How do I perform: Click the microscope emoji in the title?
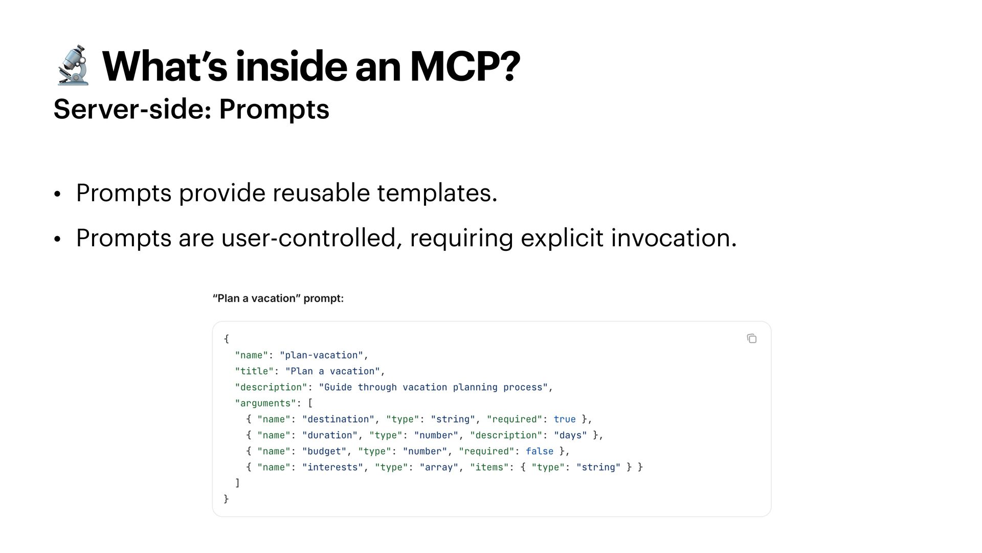73,66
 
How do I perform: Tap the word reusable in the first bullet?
321,193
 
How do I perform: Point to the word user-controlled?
308,238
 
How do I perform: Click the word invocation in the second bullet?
673,238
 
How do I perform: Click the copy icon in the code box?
751,338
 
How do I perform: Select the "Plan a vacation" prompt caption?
278,299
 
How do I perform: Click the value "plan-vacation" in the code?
321,355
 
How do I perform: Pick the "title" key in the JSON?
254,371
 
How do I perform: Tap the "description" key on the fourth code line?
271,387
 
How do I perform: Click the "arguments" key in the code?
265,403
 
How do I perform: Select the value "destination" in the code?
338,419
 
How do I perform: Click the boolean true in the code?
565,419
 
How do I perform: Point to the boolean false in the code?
540,451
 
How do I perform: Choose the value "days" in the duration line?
570,435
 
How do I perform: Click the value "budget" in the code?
324,451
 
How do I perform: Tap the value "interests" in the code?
332,467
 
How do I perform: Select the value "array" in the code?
439,467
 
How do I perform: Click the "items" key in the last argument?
489,467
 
